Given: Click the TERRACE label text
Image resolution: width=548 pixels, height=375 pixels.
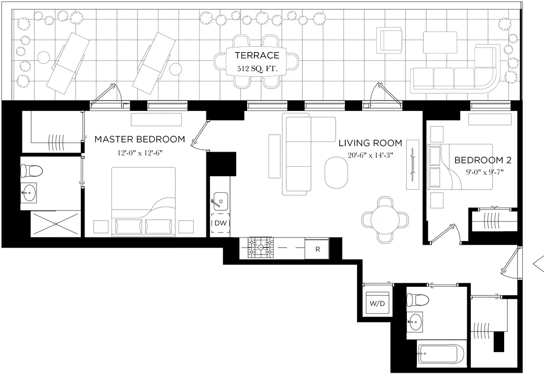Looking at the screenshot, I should [x=257, y=56].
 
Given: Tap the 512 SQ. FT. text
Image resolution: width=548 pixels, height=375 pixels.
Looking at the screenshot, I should [x=257, y=69].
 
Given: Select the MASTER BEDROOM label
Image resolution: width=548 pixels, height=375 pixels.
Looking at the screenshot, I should [x=140, y=139].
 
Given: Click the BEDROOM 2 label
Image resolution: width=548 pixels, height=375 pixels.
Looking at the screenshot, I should [x=482, y=160].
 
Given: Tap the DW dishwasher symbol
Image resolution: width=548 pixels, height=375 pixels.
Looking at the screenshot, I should [x=221, y=223].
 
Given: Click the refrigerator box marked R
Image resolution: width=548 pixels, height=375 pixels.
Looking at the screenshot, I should [x=317, y=249].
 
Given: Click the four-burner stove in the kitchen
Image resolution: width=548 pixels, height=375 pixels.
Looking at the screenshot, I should [x=260, y=248].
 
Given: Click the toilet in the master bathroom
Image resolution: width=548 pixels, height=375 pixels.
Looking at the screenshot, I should [x=32, y=171].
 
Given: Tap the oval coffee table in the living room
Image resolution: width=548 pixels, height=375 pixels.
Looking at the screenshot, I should [x=336, y=172].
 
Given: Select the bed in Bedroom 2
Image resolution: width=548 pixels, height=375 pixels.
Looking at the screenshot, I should [x=459, y=167].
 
